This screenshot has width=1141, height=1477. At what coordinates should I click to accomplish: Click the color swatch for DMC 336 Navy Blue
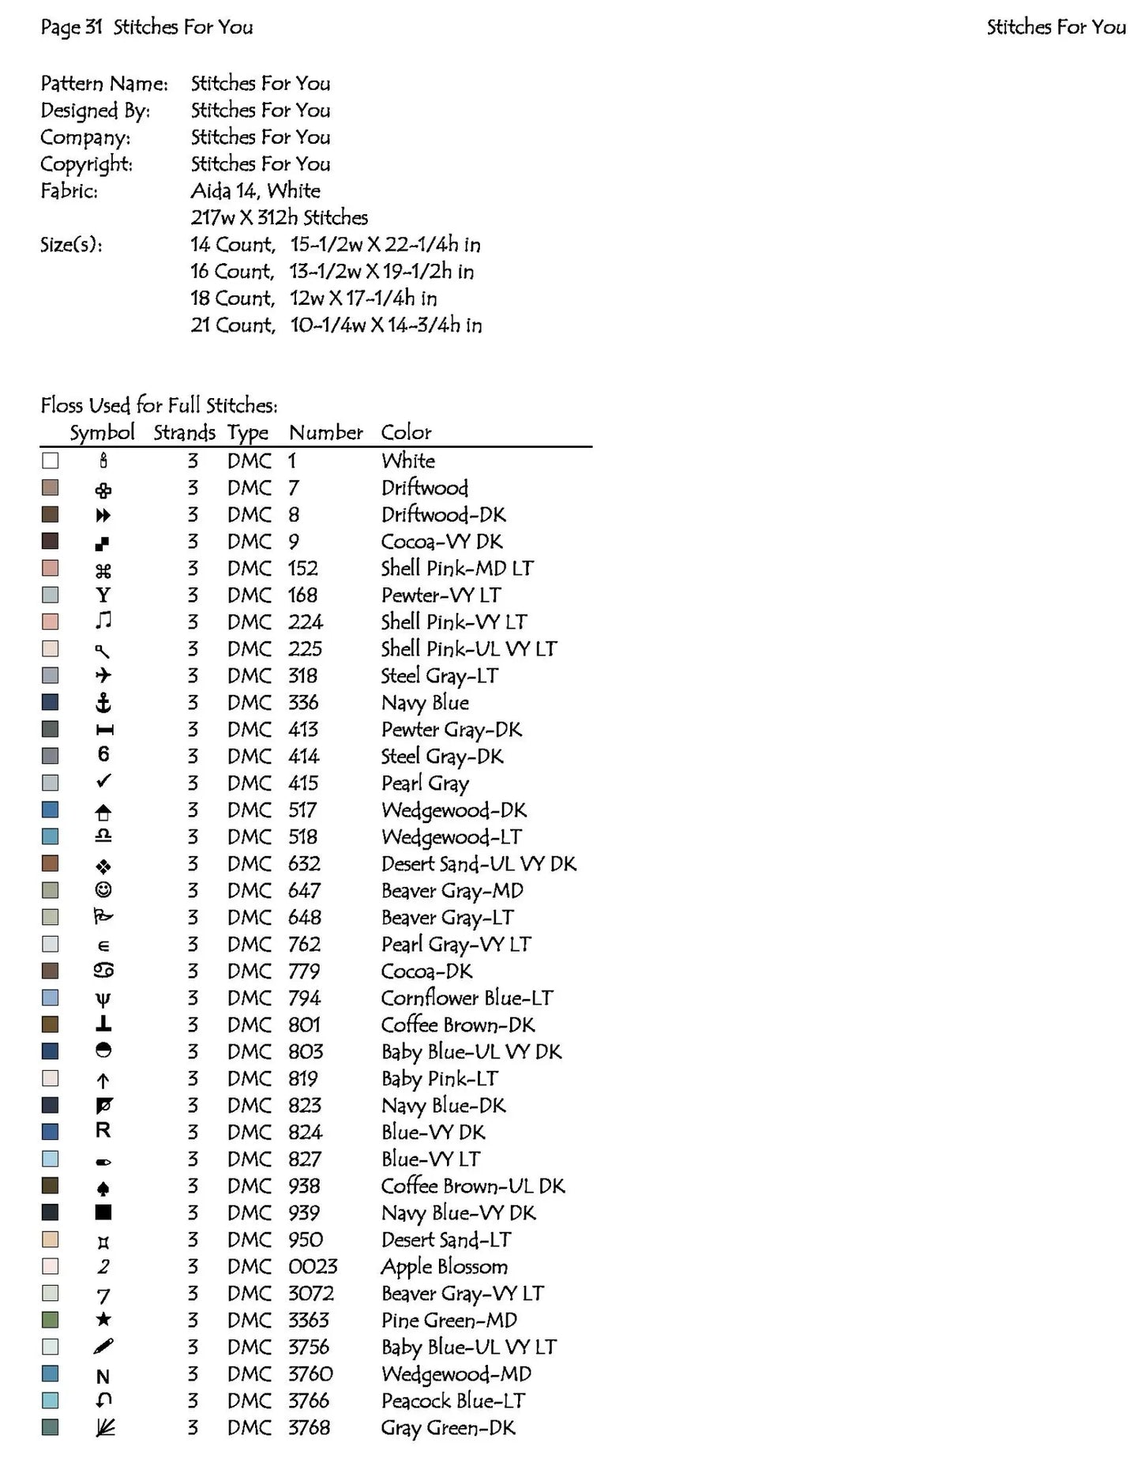pyautogui.click(x=51, y=702)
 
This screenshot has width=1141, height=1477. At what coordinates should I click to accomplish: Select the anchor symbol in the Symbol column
pyautogui.click(x=103, y=702)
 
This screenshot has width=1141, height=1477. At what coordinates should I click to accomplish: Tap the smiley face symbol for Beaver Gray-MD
pyautogui.click(x=103, y=890)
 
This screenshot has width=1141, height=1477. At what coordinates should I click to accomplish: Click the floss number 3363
pyautogui.click(x=308, y=1320)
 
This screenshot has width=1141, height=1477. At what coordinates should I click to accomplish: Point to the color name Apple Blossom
pyautogui.click(x=444, y=1266)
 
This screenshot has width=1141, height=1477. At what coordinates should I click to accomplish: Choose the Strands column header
pyautogui.click(x=184, y=432)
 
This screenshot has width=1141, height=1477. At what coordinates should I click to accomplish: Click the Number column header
pyautogui.click(x=325, y=432)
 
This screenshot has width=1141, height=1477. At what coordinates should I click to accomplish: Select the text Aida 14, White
pyautogui.click(x=255, y=190)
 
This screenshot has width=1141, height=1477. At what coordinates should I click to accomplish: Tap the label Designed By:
pyautogui.click(x=95, y=110)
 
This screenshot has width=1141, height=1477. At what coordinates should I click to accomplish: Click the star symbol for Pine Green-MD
pyautogui.click(x=103, y=1320)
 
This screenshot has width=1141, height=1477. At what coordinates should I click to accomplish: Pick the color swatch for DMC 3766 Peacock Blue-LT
pyautogui.click(x=51, y=1400)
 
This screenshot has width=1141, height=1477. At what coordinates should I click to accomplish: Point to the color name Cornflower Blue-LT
pyautogui.click(x=467, y=998)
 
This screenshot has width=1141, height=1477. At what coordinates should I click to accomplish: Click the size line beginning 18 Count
pyautogui.click(x=313, y=298)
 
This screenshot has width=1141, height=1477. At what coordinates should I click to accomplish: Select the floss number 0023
pyautogui.click(x=313, y=1266)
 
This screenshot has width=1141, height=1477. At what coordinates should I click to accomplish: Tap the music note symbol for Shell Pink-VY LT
pyautogui.click(x=103, y=621)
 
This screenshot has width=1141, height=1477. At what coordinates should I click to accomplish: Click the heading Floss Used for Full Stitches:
pyautogui.click(x=159, y=405)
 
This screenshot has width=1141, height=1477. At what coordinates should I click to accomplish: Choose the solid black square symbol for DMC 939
pyautogui.click(x=103, y=1212)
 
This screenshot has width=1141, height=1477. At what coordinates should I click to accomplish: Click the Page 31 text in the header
pyautogui.click(x=71, y=27)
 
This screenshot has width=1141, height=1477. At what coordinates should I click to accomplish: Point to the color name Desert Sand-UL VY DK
pyautogui.click(x=479, y=863)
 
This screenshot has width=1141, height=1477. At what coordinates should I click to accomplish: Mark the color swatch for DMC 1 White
pyautogui.click(x=51, y=460)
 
